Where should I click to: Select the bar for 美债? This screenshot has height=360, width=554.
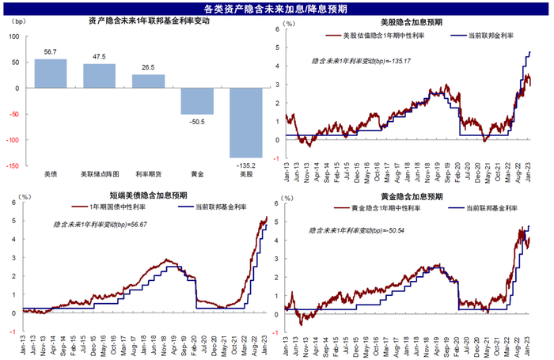click(51, 74)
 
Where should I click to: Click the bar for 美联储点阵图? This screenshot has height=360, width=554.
click(99, 76)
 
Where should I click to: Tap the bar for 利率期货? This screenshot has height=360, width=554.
click(148, 81)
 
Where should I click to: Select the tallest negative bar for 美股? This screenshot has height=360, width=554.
click(245, 123)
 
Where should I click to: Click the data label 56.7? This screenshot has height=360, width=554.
click(51, 52)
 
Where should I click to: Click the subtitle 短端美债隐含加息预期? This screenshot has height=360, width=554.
click(146, 195)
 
